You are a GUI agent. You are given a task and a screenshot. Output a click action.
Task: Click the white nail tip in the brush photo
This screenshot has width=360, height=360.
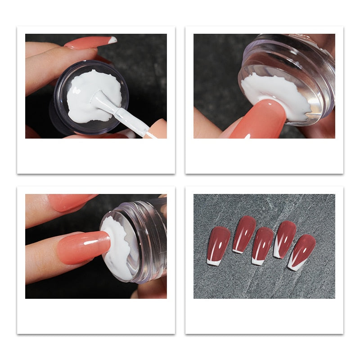click(x=112, y=40)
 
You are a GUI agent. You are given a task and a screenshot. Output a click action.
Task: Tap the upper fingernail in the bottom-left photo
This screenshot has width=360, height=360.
click(x=72, y=202)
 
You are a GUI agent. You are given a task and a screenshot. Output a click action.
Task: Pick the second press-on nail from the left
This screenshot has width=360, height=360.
click(x=244, y=233)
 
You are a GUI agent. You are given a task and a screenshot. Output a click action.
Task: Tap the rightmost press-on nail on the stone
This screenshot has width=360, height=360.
click(x=302, y=251)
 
